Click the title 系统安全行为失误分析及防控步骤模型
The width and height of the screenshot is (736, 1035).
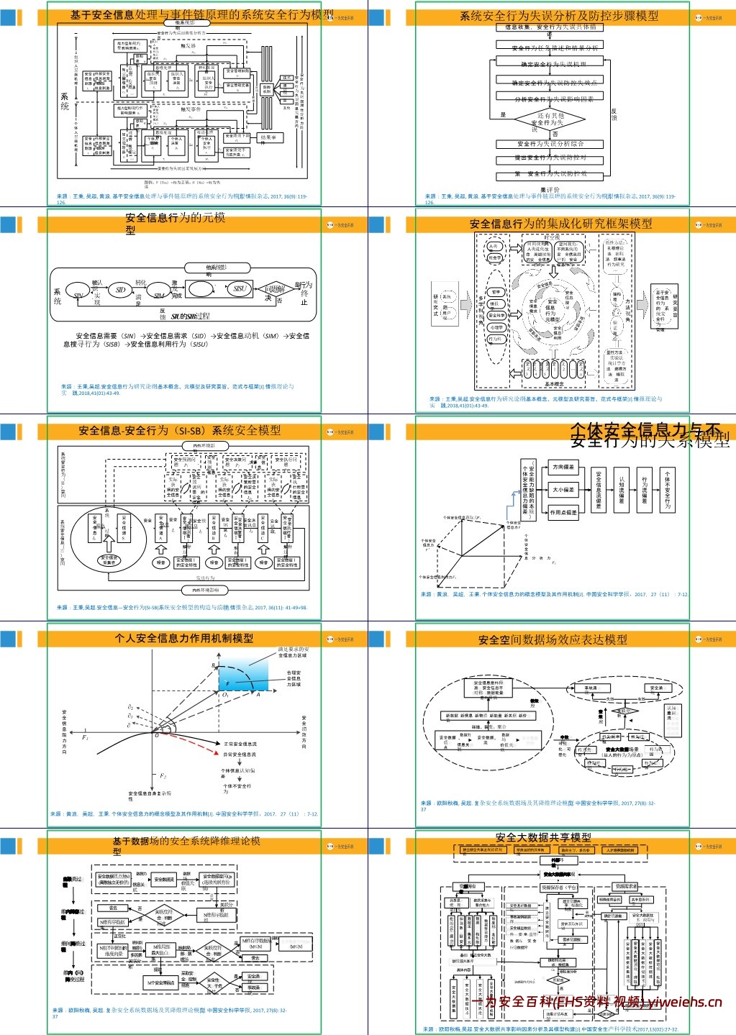coord(558,16)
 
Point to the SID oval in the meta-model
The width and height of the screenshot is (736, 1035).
coord(120,290)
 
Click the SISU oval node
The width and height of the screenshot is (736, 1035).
coord(240,289)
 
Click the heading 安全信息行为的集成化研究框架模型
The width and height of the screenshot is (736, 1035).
coord(560,224)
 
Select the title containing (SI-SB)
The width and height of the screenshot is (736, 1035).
coord(179,430)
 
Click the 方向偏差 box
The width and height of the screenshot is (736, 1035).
coord(563,468)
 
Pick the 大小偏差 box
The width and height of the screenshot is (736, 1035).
coord(563,490)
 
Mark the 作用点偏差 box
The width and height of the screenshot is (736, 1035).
coord(563,513)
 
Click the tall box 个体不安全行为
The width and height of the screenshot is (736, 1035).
coord(668,491)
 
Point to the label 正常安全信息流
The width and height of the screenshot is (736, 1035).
coord(240,744)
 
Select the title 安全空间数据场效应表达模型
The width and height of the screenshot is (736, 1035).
coord(552,639)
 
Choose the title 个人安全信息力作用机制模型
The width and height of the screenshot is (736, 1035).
coord(183,638)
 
